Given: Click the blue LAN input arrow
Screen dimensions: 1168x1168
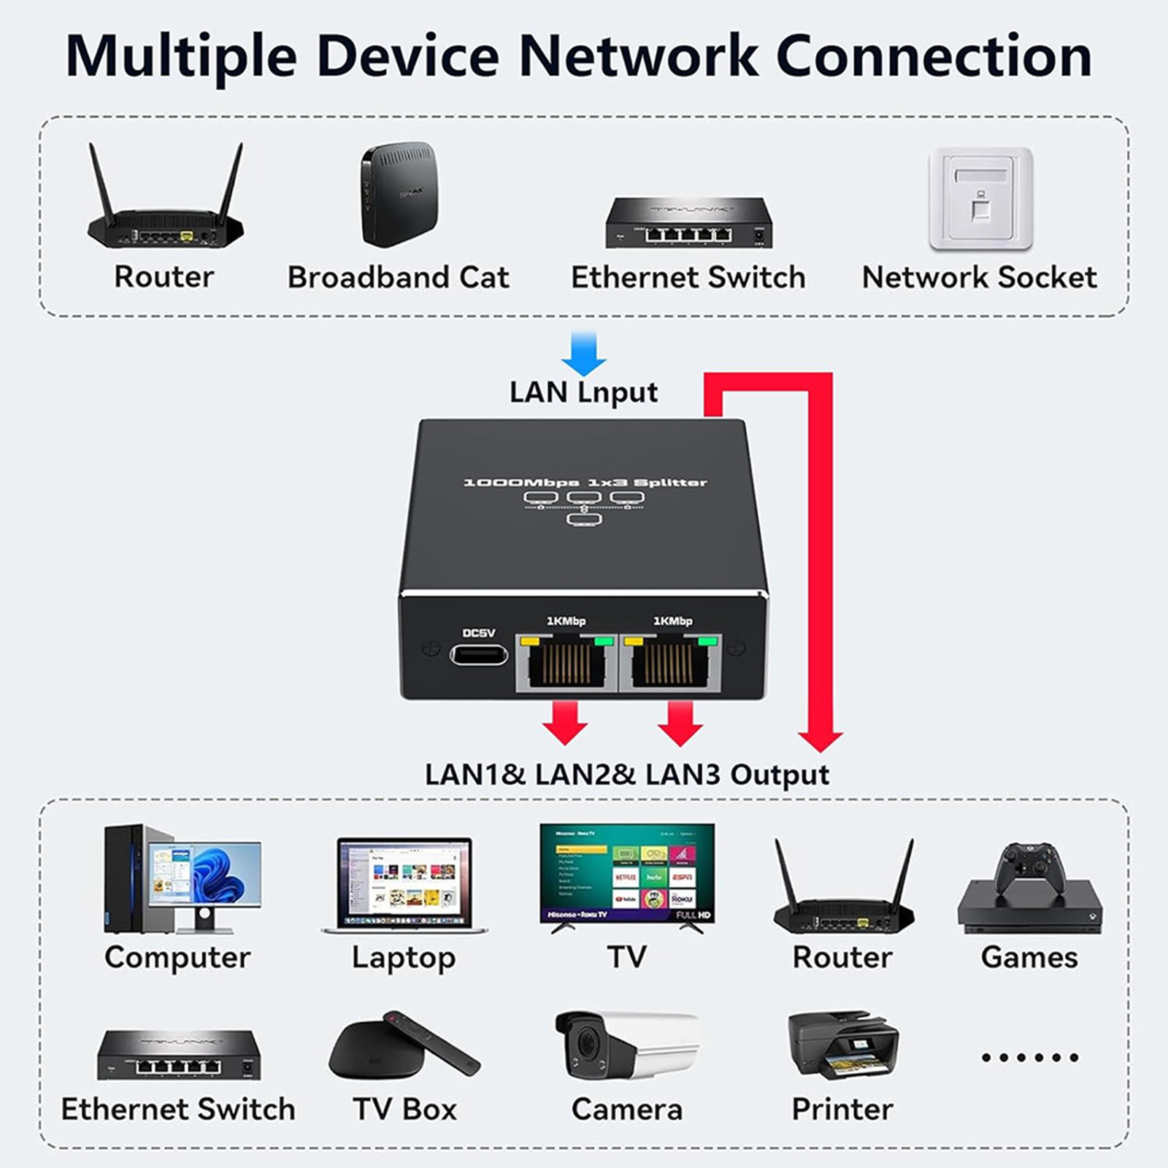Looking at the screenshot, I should point(584,353).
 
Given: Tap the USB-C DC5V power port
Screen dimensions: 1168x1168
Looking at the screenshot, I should point(479,654).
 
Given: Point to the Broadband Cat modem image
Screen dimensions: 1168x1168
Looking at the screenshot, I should point(400,194).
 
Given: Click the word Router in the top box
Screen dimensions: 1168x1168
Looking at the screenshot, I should point(164,277).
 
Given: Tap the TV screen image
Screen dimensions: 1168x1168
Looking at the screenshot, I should point(626,873).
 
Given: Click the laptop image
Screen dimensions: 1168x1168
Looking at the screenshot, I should point(404,885).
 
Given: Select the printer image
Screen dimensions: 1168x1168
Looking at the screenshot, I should point(842,1044).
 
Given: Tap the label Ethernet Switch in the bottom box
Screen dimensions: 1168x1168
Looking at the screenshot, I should point(178,1110).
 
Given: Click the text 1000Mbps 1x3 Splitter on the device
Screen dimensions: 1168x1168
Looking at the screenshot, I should point(585,483).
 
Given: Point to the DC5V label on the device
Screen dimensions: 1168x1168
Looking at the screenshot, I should point(479,633).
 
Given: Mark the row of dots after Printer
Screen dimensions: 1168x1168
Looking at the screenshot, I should point(1029,1057).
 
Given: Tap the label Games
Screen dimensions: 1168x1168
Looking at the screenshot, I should point(1029,958).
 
